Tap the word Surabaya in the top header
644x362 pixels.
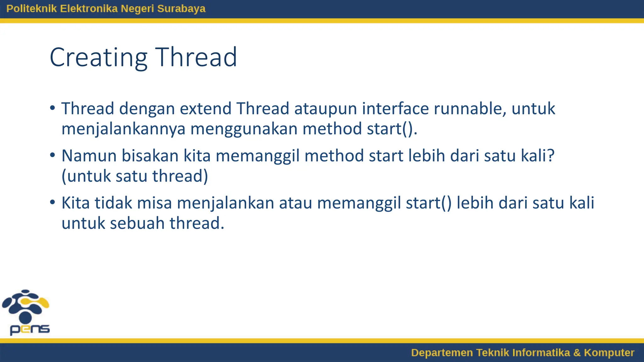[181, 8]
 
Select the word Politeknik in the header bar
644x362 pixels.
[32, 8]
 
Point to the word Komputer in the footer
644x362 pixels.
[609, 353]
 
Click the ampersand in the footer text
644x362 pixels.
[577, 353]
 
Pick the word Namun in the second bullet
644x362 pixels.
[89, 156]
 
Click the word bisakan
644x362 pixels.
[150, 156]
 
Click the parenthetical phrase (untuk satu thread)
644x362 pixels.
[135, 176]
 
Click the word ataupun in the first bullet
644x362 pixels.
[325, 109]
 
